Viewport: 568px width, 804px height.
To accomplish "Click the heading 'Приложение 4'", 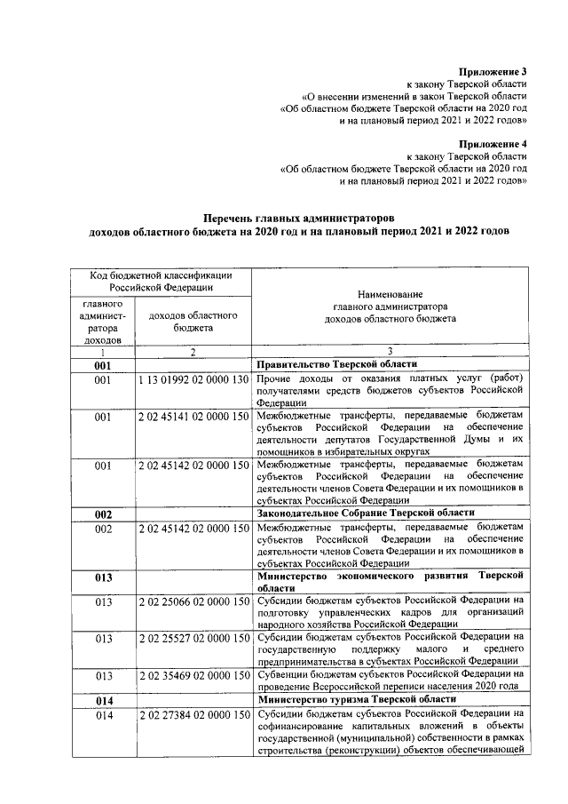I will pyautogui.click(x=493, y=143).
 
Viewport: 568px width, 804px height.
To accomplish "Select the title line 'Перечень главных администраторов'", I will pyautogui.click(x=297, y=218).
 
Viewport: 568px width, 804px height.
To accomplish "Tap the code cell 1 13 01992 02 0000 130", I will pyautogui.click(x=193, y=380).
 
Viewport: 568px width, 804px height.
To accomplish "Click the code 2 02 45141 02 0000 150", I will pyautogui.click(x=193, y=415).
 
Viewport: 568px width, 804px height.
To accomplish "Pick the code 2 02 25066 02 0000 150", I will pyautogui.click(x=193, y=601).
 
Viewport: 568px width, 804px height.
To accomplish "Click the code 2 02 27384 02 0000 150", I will pyautogui.click(x=193, y=715).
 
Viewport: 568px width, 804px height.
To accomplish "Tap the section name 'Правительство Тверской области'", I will pyautogui.click(x=336, y=365).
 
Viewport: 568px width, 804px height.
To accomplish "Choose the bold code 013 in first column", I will pyautogui.click(x=103, y=577).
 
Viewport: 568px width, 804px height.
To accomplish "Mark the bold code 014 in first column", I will pyautogui.click(x=103, y=700).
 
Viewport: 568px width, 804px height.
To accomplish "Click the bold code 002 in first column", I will pyautogui.click(x=103, y=513).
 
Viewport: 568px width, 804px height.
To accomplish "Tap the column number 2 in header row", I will pyautogui.click(x=193, y=351).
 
